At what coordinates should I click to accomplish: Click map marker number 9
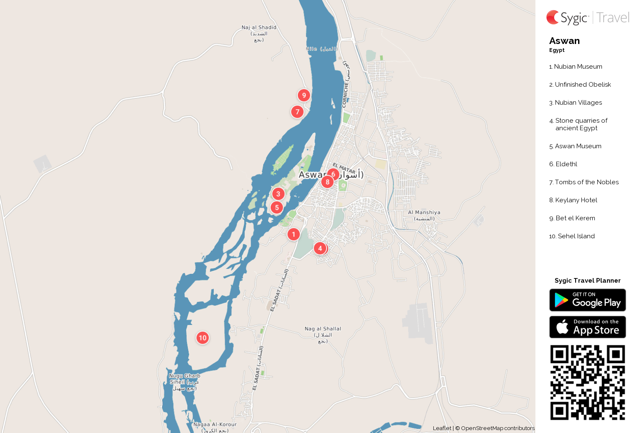304,95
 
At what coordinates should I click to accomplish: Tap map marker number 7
297,112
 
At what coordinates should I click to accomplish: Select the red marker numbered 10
203,338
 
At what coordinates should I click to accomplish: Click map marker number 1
294,234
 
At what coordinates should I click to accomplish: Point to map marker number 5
277,207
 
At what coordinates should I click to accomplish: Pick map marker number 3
278,194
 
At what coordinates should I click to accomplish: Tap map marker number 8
328,182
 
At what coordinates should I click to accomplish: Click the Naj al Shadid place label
259,33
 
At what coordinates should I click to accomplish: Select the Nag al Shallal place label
323,335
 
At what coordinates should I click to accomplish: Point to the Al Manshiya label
424,215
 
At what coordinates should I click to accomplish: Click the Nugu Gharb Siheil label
184,381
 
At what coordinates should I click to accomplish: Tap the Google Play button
587,300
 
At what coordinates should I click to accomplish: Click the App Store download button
587,327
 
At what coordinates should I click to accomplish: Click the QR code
587,382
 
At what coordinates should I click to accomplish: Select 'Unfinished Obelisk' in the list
583,85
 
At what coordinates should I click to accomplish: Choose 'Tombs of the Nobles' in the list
586,182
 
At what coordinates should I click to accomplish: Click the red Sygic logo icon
553,18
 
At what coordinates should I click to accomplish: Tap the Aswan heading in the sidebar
564,41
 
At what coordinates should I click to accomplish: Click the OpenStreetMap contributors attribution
497,428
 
